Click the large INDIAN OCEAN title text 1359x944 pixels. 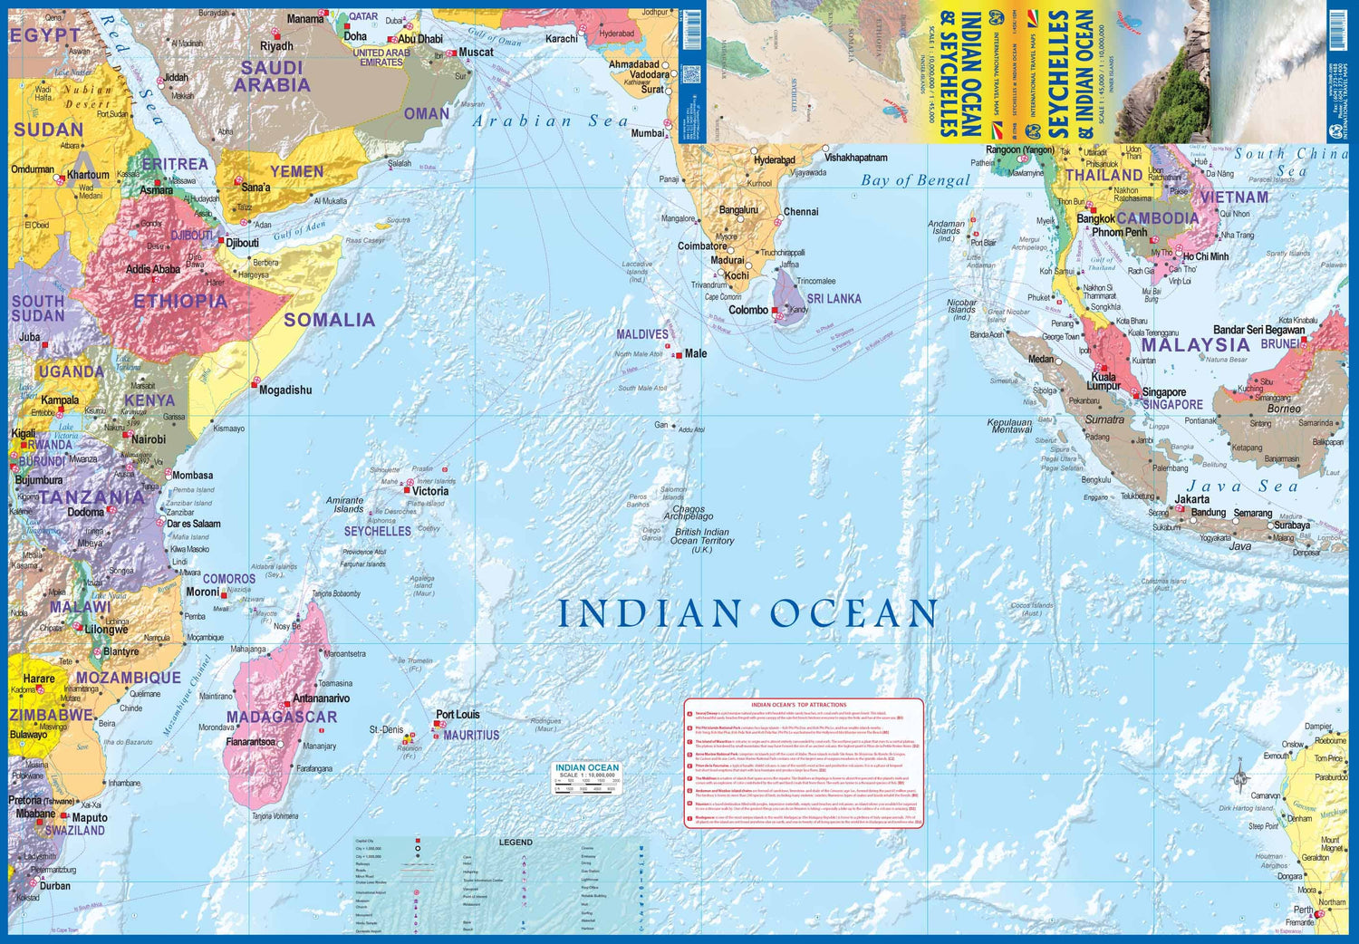pos(747,614)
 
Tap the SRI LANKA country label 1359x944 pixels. pos(834,299)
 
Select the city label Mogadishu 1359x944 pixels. pos(285,390)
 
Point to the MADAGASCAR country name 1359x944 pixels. pos(282,718)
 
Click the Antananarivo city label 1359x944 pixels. pos(321,698)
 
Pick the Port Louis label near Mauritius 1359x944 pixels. pos(458,715)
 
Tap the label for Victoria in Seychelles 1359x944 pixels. pos(430,491)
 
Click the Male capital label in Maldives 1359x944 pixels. pos(695,354)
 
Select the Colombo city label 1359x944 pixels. pos(748,310)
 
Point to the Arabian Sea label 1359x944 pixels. pos(550,121)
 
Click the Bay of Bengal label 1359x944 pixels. pos(915,180)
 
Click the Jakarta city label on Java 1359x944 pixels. pos(1191,499)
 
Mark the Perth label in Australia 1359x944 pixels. pos(1303,910)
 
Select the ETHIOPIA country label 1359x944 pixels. pos(180,302)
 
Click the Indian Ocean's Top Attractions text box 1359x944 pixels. pos(803,763)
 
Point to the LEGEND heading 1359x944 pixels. pos(516,843)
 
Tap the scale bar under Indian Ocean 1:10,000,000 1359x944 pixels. pos(586,785)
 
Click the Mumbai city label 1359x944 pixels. pos(648,134)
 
